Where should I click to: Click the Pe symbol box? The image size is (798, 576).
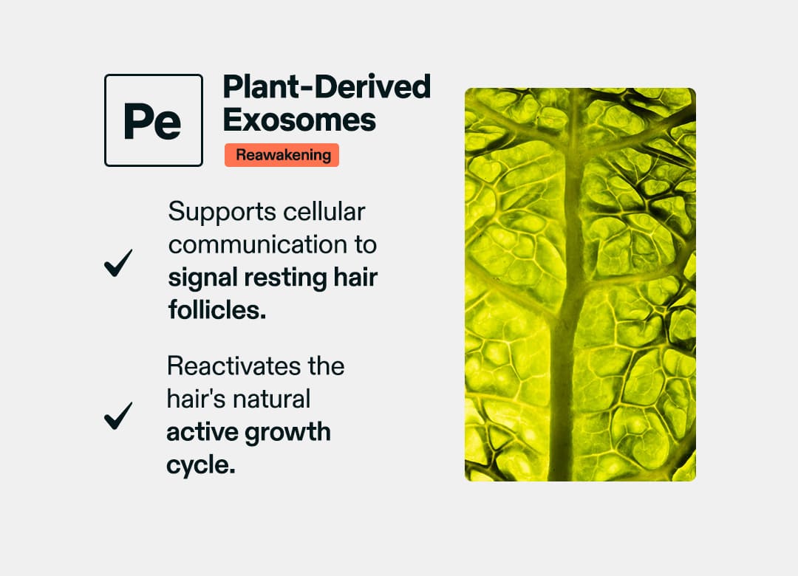pyautogui.click(x=154, y=120)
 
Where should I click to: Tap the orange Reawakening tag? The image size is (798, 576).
pyautogui.click(x=282, y=156)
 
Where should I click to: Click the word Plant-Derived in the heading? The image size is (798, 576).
pyautogui.click(x=327, y=87)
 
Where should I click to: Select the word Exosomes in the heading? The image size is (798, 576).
pyautogui.click(x=299, y=120)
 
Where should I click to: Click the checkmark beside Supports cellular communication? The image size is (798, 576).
pyautogui.click(x=118, y=262)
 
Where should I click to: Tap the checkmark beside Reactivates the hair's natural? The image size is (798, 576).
pyautogui.click(x=118, y=416)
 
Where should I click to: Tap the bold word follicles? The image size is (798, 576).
pyautogui.click(x=216, y=310)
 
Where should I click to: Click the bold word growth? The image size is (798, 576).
pyautogui.click(x=290, y=432)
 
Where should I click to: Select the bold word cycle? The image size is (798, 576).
pyautogui.click(x=200, y=465)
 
